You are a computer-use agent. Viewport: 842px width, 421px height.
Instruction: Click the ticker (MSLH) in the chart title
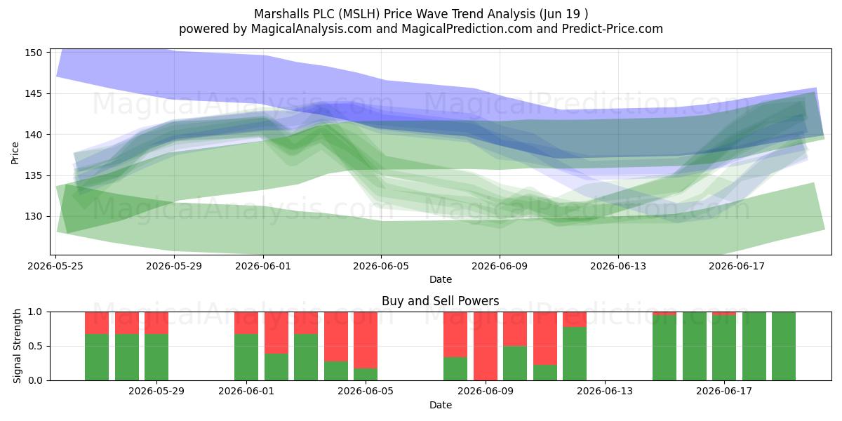(359, 14)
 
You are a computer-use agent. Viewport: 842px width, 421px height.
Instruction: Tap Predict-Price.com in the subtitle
(613, 29)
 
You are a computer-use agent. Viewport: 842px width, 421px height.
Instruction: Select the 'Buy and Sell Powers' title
(440, 301)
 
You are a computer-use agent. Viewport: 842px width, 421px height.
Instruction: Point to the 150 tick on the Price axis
(34, 53)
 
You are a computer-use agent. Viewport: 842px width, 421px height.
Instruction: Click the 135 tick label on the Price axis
(34, 175)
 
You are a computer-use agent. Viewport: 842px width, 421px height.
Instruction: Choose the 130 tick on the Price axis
(34, 217)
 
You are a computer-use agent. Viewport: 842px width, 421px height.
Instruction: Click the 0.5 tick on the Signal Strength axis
(36, 346)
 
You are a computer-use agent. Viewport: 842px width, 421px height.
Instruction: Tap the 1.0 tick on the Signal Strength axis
(36, 312)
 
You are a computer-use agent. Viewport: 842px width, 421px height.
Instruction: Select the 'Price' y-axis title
(15, 153)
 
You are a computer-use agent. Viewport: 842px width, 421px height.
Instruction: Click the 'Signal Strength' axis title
(17, 346)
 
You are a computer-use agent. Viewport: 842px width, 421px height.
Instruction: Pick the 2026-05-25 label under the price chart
(55, 266)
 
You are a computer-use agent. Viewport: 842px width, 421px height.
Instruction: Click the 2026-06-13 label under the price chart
(618, 266)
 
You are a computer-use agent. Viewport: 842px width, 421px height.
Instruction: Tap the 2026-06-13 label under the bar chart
(605, 391)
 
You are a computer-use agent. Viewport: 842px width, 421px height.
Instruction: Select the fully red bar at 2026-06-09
(486, 346)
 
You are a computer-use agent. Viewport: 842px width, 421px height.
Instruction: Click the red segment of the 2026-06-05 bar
(366, 340)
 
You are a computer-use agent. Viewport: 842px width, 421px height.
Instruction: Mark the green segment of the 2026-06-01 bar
(246, 357)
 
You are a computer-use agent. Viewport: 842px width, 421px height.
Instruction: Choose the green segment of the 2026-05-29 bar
(156, 357)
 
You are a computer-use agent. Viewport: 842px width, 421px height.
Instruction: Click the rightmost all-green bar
(784, 346)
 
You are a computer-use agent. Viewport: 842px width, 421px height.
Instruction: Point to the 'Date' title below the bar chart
(441, 405)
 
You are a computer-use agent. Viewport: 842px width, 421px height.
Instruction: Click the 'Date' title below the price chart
(441, 279)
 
